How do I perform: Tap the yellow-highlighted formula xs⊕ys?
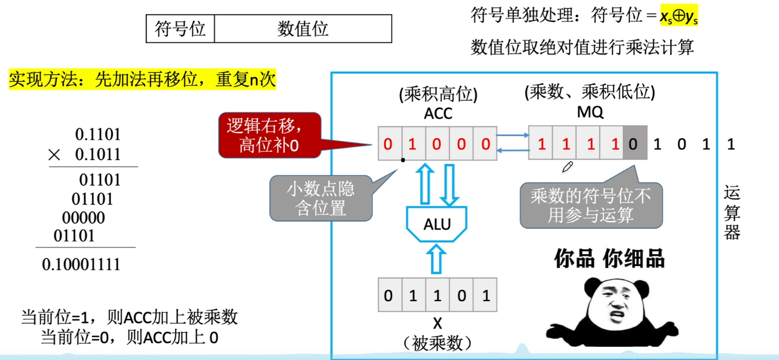pyautogui.click(x=679, y=16)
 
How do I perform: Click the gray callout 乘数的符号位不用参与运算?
pyautogui.click(x=591, y=205)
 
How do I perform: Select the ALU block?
pyautogui.click(x=437, y=224)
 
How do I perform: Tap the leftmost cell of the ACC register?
pyautogui.click(x=389, y=144)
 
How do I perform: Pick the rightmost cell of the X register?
pyautogui.click(x=485, y=296)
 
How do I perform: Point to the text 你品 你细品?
pyautogui.click(x=610, y=259)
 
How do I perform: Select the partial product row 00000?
pyautogui.click(x=84, y=218)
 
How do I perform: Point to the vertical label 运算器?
pyautogui.click(x=732, y=213)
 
